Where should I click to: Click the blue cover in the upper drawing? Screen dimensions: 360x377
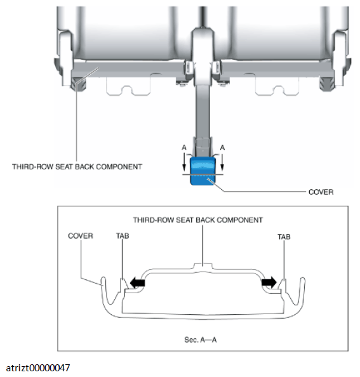point(203,171)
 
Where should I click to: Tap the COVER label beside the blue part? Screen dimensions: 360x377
point(321,192)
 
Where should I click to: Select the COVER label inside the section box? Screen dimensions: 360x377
point(81,236)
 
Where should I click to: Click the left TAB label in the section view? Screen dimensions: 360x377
point(123,236)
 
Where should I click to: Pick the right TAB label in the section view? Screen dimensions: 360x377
point(284,237)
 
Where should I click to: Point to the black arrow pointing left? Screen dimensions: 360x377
point(137,282)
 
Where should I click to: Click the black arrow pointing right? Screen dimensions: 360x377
point(269,282)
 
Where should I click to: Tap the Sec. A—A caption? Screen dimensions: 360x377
point(201,340)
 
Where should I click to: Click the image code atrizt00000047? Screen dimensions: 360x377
point(38,368)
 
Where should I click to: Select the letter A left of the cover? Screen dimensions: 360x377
point(184,147)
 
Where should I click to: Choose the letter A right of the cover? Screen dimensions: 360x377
point(222,147)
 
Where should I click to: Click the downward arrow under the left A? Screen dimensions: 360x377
point(184,162)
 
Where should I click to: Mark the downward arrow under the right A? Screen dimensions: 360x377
point(222,162)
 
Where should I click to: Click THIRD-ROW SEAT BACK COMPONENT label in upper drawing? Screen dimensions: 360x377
point(77,167)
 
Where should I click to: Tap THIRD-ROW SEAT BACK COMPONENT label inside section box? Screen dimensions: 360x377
point(198,220)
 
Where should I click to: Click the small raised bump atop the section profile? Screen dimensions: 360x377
point(203,266)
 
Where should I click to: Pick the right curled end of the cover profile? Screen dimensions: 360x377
point(302,282)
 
